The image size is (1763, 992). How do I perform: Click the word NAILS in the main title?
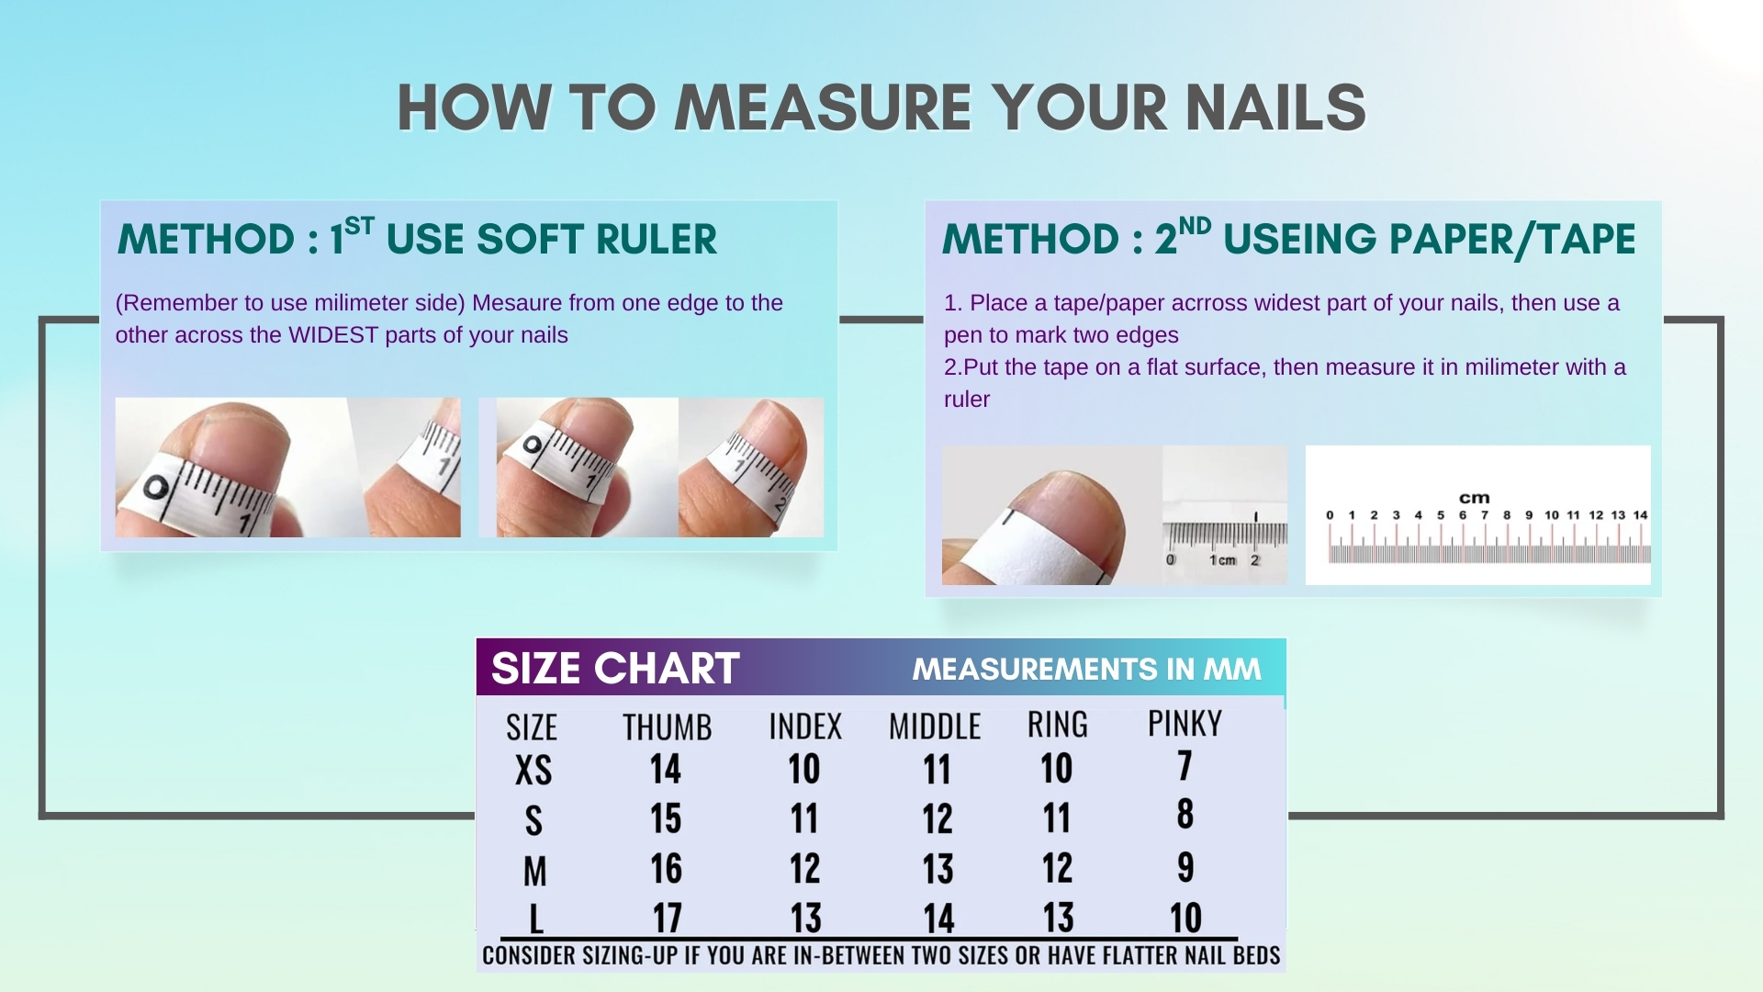(x=1275, y=107)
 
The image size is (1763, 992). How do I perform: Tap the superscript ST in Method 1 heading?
(x=360, y=227)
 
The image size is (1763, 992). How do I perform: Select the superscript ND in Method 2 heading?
(x=1195, y=227)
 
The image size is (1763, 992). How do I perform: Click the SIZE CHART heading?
(x=615, y=668)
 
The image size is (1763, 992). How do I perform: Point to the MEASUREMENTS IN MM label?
(x=1087, y=669)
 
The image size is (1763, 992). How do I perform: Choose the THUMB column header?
(x=668, y=727)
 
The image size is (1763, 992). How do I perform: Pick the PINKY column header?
(x=1185, y=724)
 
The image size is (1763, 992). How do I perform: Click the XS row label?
(x=533, y=771)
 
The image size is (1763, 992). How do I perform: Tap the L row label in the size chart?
(x=535, y=919)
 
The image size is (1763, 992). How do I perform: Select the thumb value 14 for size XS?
(x=666, y=769)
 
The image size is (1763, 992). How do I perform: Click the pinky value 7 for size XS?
(x=1185, y=765)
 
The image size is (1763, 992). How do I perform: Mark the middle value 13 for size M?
(x=938, y=868)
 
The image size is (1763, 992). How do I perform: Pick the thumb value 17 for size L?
(x=667, y=918)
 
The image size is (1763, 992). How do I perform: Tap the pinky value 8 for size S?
(x=1185, y=814)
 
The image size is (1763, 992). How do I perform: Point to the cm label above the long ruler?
(x=1475, y=498)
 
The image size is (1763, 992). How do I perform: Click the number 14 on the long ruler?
(x=1640, y=514)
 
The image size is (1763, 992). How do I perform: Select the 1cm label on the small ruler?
(x=1223, y=559)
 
